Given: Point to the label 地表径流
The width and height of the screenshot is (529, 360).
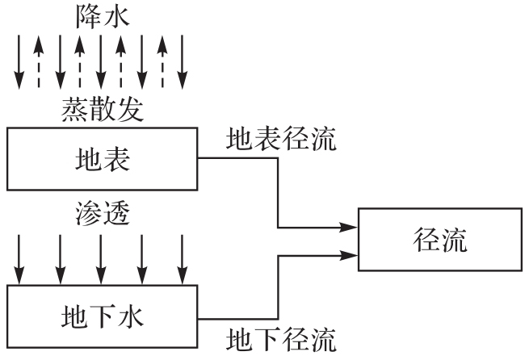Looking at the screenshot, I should coord(280,139).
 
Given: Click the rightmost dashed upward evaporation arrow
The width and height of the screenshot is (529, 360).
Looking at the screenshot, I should coord(162,61).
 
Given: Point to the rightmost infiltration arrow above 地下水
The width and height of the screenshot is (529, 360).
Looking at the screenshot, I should coord(182,258).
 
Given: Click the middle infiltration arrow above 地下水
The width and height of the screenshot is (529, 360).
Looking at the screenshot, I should coord(101,258).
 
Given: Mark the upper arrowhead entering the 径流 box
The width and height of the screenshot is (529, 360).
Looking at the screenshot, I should coord(351,227).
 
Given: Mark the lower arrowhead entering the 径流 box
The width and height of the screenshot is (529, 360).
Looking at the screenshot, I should coord(351,255).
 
